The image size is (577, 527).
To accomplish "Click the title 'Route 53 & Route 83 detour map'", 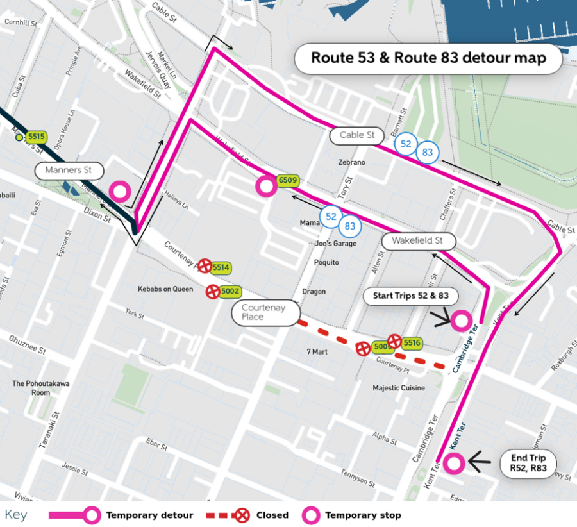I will tap(428, 58).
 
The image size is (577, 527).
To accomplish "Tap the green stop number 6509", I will tap(288, 181).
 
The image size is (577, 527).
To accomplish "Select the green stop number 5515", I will tap(37, 137).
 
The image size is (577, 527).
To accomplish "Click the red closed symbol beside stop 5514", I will tap(205, 265).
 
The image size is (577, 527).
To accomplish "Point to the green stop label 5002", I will tap(230, 292).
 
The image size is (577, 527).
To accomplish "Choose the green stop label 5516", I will tap(412, 343).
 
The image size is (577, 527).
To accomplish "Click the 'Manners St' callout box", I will tap(69, 171).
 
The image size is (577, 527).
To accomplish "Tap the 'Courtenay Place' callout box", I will tap(265, 312).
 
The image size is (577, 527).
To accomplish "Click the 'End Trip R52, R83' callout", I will tap(528, 463).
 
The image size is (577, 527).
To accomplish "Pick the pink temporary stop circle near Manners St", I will tap(120, 191).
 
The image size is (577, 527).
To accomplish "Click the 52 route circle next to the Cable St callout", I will tap(405, 144).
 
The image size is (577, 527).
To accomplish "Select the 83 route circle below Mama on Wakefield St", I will tap(350, 226).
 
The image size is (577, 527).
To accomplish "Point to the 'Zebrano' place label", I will tap(352, 163).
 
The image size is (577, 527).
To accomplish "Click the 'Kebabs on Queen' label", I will tap(165, 289).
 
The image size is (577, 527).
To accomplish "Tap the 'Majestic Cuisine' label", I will tap(399, 388).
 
